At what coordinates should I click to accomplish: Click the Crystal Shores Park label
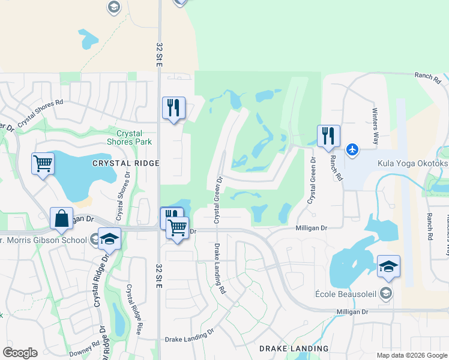[x=129, y=137]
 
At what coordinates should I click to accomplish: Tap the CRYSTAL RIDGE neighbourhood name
[x=125, y=163]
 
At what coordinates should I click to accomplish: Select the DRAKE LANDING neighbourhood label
[x=294, y=349]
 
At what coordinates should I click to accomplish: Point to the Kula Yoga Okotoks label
[x=412, y=163]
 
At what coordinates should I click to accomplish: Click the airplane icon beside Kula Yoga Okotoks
[x=352, y=149]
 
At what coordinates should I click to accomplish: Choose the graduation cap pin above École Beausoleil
[x=388, y=266]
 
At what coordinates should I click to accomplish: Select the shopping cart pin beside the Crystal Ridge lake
[x=43, y=163]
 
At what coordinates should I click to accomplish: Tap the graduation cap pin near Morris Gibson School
[x=109, y=239]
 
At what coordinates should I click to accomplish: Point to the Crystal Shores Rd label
[x=40, y=112]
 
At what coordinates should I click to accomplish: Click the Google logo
[x=20, y=353]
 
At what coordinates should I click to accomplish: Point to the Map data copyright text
[x=411, y=355]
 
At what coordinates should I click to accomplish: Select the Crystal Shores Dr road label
[x=122, y=199]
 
